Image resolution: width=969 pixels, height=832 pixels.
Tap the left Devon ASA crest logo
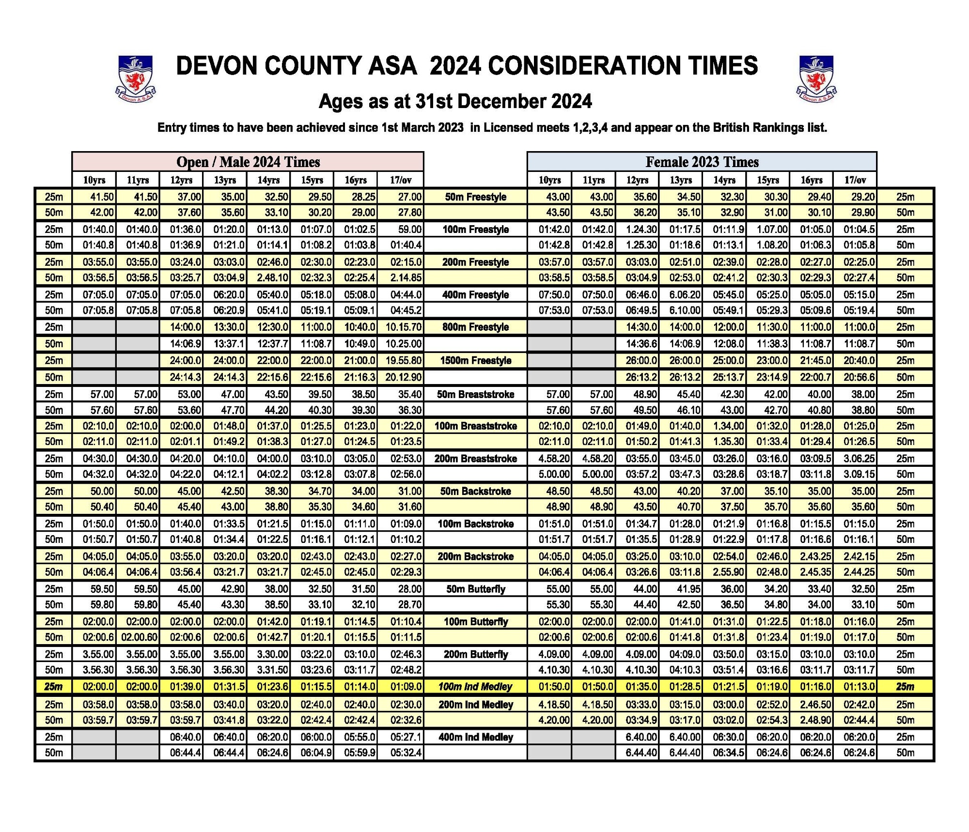pyautogui.click(x=136, y=78)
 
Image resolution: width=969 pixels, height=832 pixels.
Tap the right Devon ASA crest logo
pyautogui.click(x=816, y=78)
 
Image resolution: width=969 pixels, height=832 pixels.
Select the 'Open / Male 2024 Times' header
pyautogui.click(x=248, y=162)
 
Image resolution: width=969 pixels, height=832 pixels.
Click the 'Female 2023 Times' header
pyautogui.click(x=702, y=162)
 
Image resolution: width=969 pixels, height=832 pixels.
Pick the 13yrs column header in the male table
pyautogui.click(x=225, y=180)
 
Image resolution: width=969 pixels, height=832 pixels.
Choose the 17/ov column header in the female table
pyautogui.click(x=855, y=180)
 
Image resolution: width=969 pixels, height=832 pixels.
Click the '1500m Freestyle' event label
pyautogui.click(x=475, y=361)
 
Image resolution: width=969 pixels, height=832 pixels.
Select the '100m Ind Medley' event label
pyautogui.click(x=475, y=687)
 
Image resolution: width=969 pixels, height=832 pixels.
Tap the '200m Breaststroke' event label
pyautogui.click(x=475, y=459)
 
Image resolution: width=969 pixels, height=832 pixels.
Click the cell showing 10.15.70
pyautogui.click(x=403, y=327)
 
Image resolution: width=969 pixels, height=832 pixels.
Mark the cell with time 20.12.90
pyautogui.click(x=403, y=377)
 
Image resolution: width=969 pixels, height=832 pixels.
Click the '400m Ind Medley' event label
pyautogui.click(x=475, y=737)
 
